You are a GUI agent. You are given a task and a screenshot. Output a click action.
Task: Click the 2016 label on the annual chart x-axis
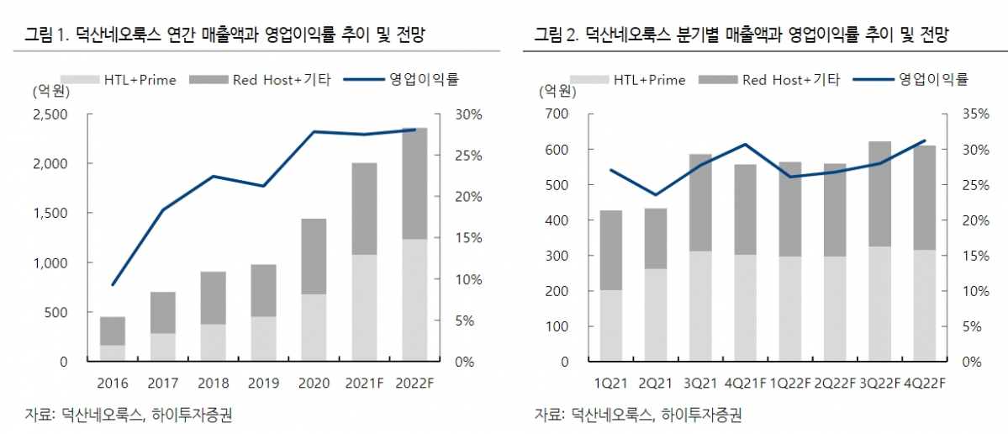(x=113, y=383)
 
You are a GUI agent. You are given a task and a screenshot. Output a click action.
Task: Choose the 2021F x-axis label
(x=364, y=383)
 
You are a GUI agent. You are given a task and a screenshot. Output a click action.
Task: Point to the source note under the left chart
(x=128, y=414)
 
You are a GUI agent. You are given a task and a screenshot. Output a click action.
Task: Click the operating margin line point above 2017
(x=162, y=209)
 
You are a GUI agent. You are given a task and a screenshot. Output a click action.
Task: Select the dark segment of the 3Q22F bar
(x=880, y=193)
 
